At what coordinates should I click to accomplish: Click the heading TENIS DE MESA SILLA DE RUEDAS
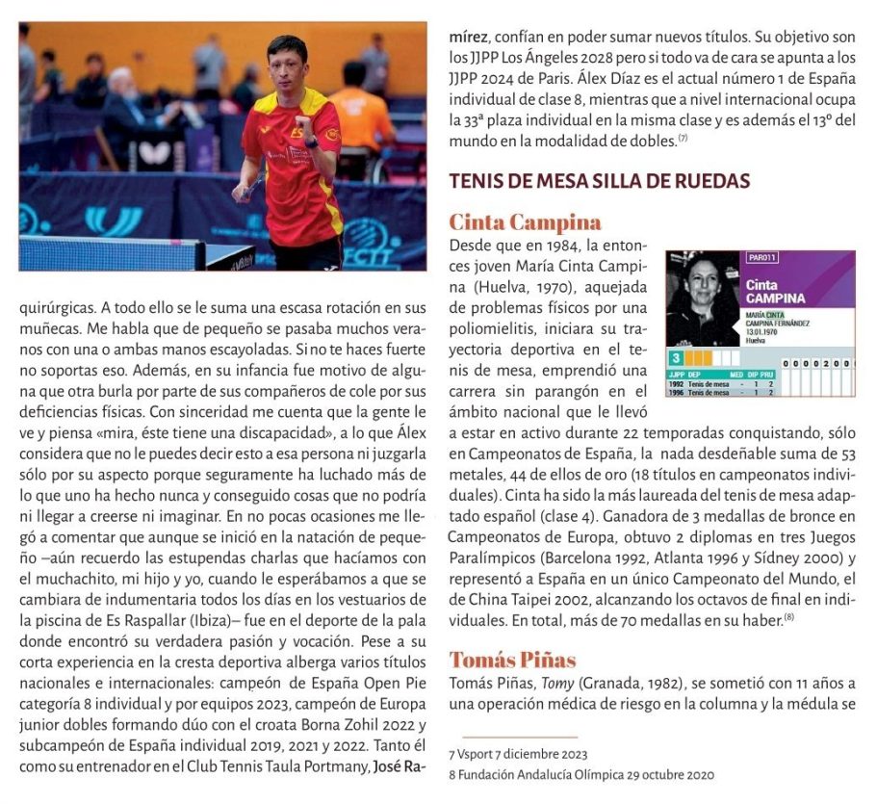(x=599, y=181)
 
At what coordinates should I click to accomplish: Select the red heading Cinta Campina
(x=525, y=222)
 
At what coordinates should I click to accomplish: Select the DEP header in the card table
(x=693, y=376)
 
